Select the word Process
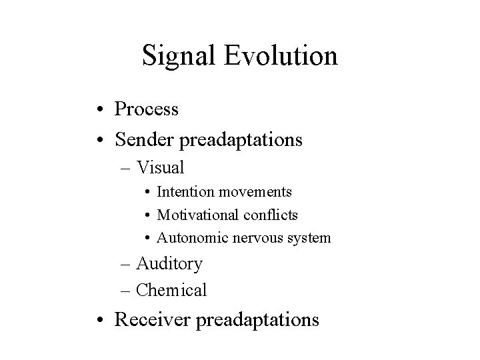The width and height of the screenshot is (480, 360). (x=147, y=109)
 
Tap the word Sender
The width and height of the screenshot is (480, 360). (x=145, y=140)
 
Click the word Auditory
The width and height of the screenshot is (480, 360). (x=169, y=264)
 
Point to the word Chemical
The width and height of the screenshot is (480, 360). (x=171, y=291)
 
